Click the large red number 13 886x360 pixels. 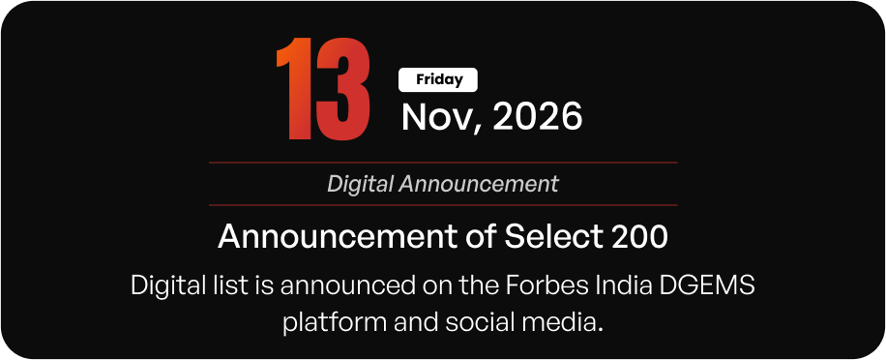coord(323,89)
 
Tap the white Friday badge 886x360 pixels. coord(438,79)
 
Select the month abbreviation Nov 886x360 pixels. coord(437,116)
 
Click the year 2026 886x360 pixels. coord(538,116)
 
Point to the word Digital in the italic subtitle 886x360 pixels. coord(361,184)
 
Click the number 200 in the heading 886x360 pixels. coord(639,236)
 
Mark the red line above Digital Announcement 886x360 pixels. coord(443,163)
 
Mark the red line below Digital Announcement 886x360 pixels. coord(443,205)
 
